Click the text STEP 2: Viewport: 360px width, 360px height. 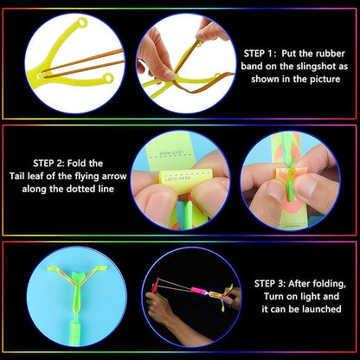point(55,161)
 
